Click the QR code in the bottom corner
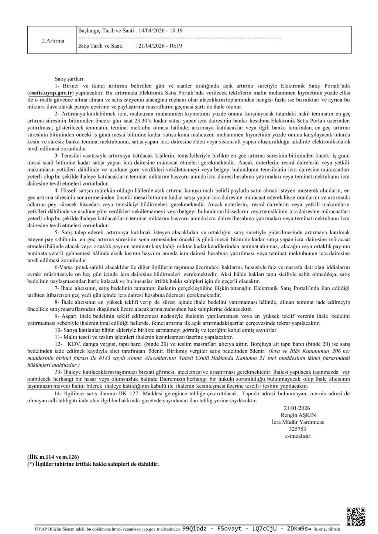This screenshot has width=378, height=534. [x=356, y=517]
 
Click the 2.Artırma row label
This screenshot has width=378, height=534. [x=53, y=41]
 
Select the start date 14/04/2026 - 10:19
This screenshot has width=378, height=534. [x=161, y=31]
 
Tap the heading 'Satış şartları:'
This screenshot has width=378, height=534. [x=69, y=79]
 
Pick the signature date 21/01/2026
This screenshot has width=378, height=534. [x=297, y=408]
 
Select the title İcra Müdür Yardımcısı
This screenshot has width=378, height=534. [x=298, y=422]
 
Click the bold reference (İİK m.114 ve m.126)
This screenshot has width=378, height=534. [x=53, y=457]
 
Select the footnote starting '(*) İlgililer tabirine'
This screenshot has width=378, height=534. [x=93, y=464]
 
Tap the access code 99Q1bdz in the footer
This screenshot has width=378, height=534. [x=195, y=528]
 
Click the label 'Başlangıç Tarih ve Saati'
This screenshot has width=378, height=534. [x=106, y=31]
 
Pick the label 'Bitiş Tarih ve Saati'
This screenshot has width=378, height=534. [x=100, y=46]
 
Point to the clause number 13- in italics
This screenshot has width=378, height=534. [x=58, y=372]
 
